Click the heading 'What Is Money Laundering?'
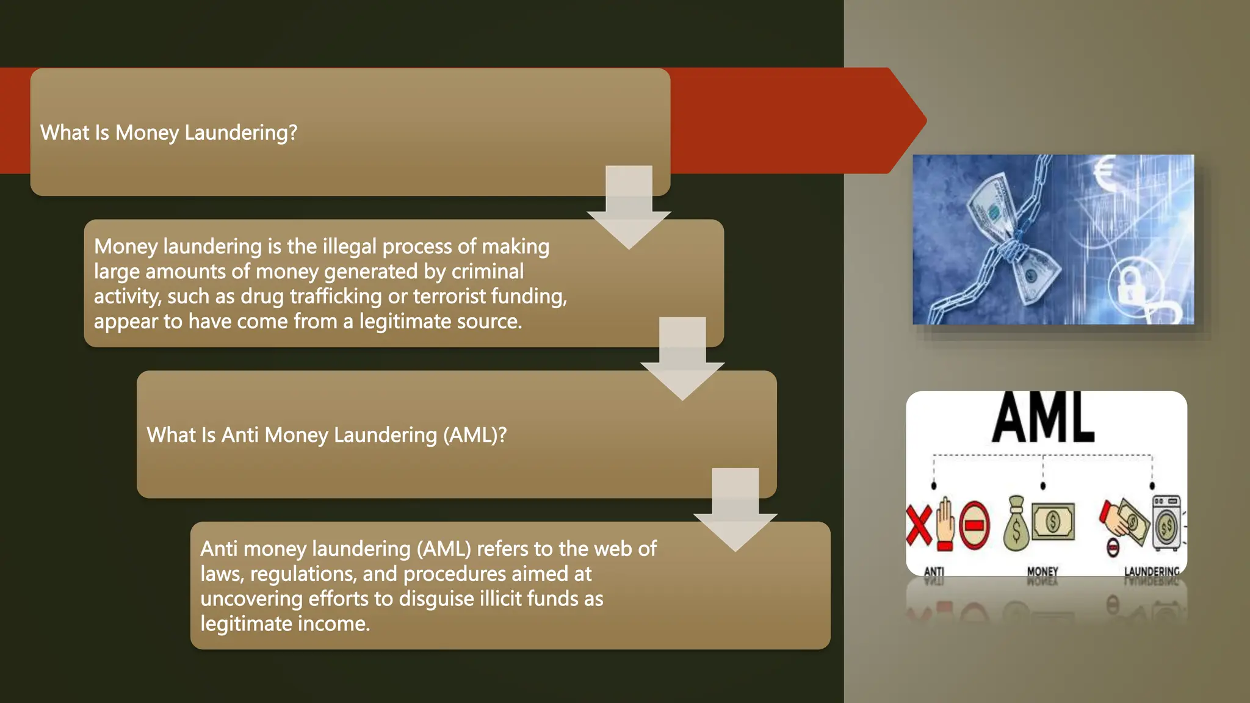(168, 132)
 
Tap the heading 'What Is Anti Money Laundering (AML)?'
(327, 435)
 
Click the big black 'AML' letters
(1043, 419)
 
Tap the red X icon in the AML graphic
(918, 524)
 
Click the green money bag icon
(1016, 524)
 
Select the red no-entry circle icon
(974, 525)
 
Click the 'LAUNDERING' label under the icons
(1152, 572)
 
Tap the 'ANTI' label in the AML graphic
(934, 572)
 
